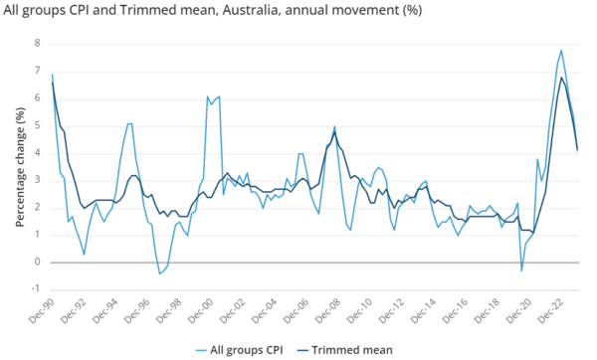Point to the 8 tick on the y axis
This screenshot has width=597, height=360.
[x=37, y=44]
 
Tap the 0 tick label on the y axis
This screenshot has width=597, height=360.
[x=37, y=263]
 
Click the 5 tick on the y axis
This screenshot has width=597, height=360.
[x=37, y=125]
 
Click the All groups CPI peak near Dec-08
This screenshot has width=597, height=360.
[x=334, y=126]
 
